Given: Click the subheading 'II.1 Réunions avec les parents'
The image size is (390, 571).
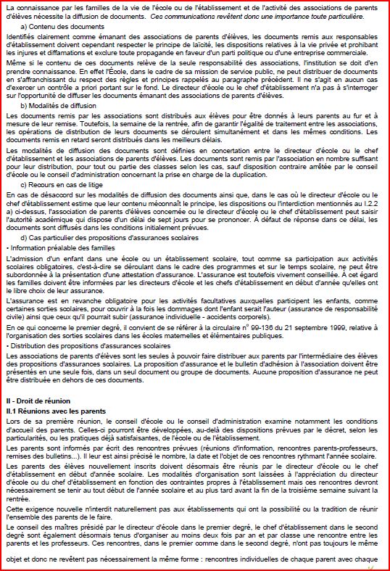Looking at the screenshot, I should tap(56, 410).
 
